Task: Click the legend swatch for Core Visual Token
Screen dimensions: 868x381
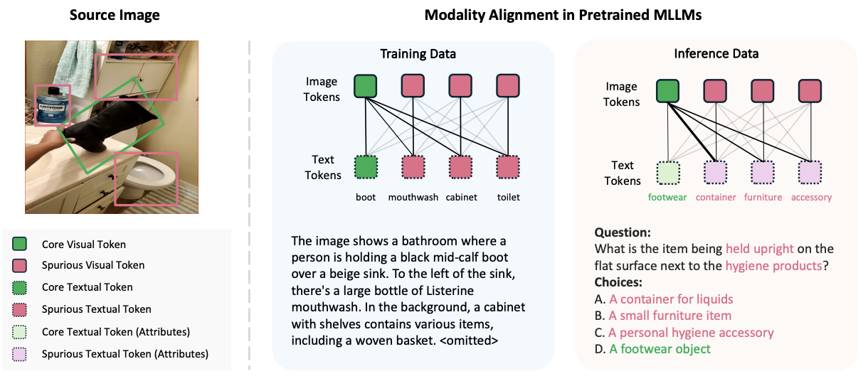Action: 19,244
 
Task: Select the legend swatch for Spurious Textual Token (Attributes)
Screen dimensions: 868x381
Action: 19,354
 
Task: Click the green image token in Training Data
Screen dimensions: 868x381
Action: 366,86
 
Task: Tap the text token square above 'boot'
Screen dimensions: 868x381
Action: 366,167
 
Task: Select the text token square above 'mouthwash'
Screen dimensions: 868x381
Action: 413,167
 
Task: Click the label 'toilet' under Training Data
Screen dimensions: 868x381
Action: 509,197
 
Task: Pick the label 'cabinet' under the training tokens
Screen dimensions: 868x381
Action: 461,197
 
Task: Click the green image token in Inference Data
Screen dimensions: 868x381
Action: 667,91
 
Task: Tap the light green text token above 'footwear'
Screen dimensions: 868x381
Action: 668,173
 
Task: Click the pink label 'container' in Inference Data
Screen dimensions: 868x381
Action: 716,197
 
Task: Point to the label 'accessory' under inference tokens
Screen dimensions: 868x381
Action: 811,198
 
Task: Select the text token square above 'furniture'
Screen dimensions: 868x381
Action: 763,173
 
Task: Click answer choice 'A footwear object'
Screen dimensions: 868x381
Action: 660,349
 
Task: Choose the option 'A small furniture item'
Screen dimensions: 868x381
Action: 670,316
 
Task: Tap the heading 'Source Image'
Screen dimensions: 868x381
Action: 115,15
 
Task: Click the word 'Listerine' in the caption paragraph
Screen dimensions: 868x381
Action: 450,291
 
